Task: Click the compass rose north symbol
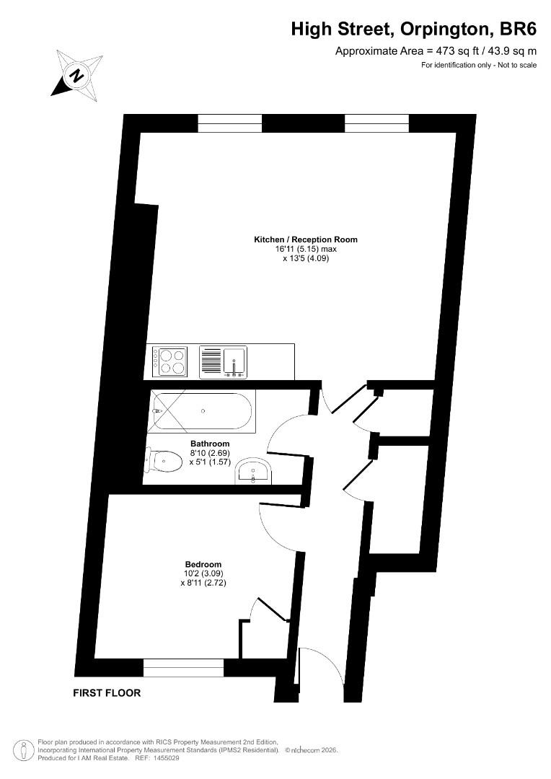(76, 75)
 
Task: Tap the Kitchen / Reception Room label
(306, 239)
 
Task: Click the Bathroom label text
(210, 444)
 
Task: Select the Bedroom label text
(203, 564)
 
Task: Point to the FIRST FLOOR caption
(107, 692)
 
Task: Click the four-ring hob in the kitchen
(170, 361)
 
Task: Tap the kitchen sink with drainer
(223, 362)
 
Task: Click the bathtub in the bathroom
(202, 411)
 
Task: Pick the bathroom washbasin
(253, 471)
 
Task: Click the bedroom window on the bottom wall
(183, 668)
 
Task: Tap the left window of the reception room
(229, 124)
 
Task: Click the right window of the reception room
(376, 124)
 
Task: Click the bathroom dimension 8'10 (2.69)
(210, 453)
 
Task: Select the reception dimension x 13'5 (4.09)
(306, 258)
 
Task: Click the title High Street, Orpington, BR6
(414, 30)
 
